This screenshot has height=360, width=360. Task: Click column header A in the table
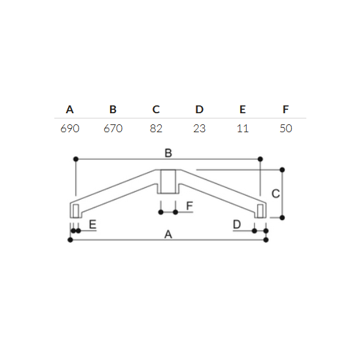click(70, 109)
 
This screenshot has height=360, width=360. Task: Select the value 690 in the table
click(70, 128)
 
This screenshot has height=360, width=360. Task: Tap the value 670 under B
click(113, 128)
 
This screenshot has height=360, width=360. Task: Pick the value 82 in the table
click(156, 128)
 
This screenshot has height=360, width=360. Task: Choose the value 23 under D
click(199, 128)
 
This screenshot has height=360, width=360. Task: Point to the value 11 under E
click(243, 128)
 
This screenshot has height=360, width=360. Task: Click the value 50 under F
click(286, 128)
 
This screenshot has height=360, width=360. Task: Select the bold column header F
click(285, 109)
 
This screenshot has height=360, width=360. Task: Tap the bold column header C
click(156, 109)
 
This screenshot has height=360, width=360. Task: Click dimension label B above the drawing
click(168, 153)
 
